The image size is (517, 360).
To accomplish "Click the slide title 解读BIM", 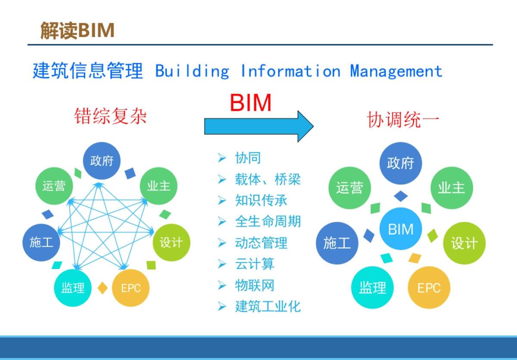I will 78,31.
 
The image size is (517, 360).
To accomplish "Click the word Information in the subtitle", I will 290,71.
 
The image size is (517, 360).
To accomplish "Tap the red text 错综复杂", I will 111,116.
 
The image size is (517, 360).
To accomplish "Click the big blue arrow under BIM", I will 258,126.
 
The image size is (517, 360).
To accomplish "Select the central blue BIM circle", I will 401,229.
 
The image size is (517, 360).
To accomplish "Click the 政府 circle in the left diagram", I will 102,161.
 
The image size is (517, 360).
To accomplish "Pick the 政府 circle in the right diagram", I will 400,163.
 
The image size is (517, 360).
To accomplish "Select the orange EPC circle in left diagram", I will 131,288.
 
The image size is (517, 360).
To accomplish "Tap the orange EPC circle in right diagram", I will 429,288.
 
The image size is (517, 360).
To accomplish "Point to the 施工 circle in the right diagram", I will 337,243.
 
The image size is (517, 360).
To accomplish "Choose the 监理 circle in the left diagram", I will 73,288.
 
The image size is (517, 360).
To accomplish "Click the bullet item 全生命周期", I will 268,222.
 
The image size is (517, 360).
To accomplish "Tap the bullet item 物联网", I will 255,285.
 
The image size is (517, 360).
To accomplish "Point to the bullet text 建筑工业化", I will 268,307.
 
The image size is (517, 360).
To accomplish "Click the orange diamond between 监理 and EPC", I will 102,288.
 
